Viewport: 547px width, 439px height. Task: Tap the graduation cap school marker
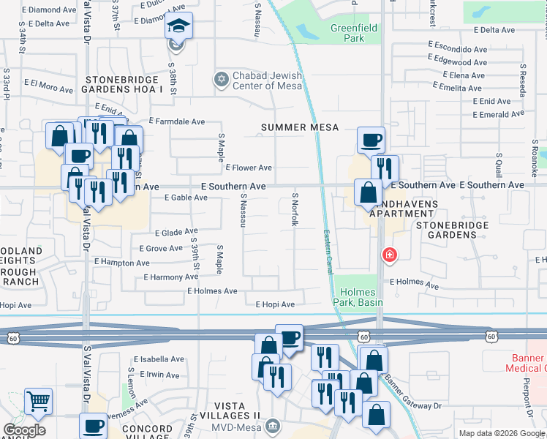[178, 26]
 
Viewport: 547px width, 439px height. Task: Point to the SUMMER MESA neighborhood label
[301, 127]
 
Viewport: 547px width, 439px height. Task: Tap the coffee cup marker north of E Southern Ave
[371, 139]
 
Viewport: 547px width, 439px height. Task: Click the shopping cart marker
[38, 401]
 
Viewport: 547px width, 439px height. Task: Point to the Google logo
[24, 430]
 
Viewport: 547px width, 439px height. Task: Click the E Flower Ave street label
[249, 168]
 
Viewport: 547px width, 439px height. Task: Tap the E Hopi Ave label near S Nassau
[275, 304]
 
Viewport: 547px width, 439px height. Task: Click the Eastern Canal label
[328, 249]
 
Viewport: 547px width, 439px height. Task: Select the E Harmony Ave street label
[172, 277]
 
